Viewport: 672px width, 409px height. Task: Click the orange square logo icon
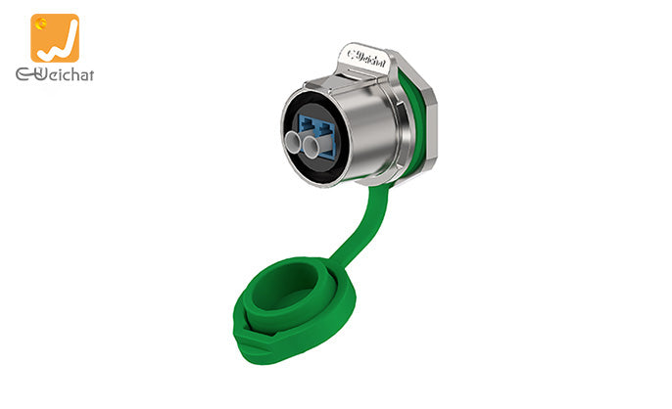click(x=55, y=38)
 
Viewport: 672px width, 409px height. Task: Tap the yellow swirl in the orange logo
click(x=41, y=24)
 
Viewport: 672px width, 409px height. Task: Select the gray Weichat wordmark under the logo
click(x=55, y=74)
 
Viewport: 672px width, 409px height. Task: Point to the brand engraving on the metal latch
click(x=366, y=59)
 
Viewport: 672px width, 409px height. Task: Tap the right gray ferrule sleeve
click(x=311, y=147)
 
